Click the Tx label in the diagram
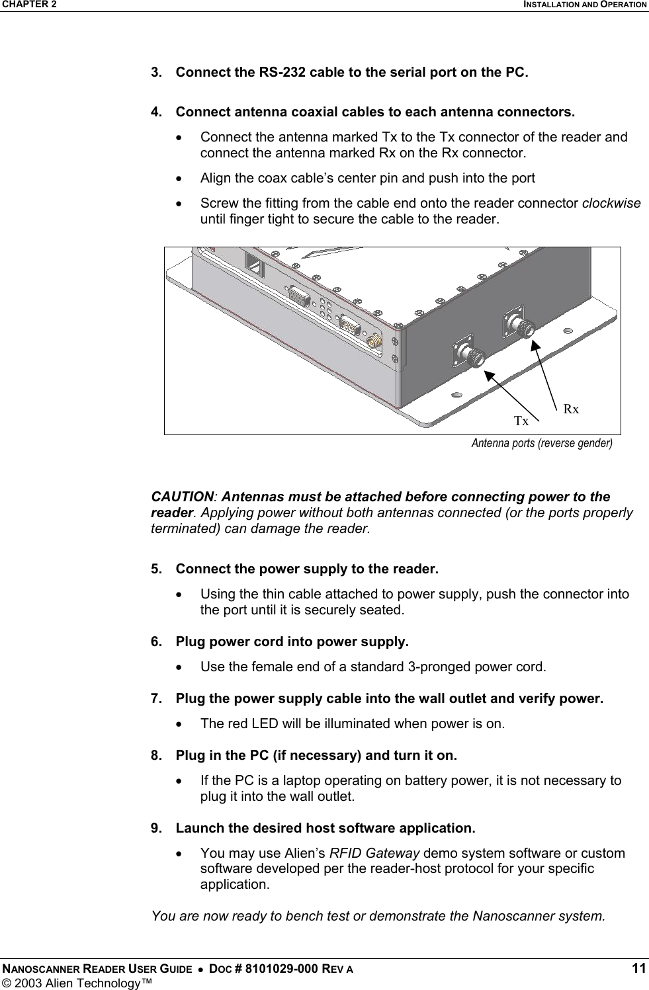521,421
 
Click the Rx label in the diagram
571,409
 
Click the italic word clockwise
611,203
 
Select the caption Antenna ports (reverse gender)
541,443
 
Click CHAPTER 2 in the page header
28,5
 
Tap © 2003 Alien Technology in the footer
76,983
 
